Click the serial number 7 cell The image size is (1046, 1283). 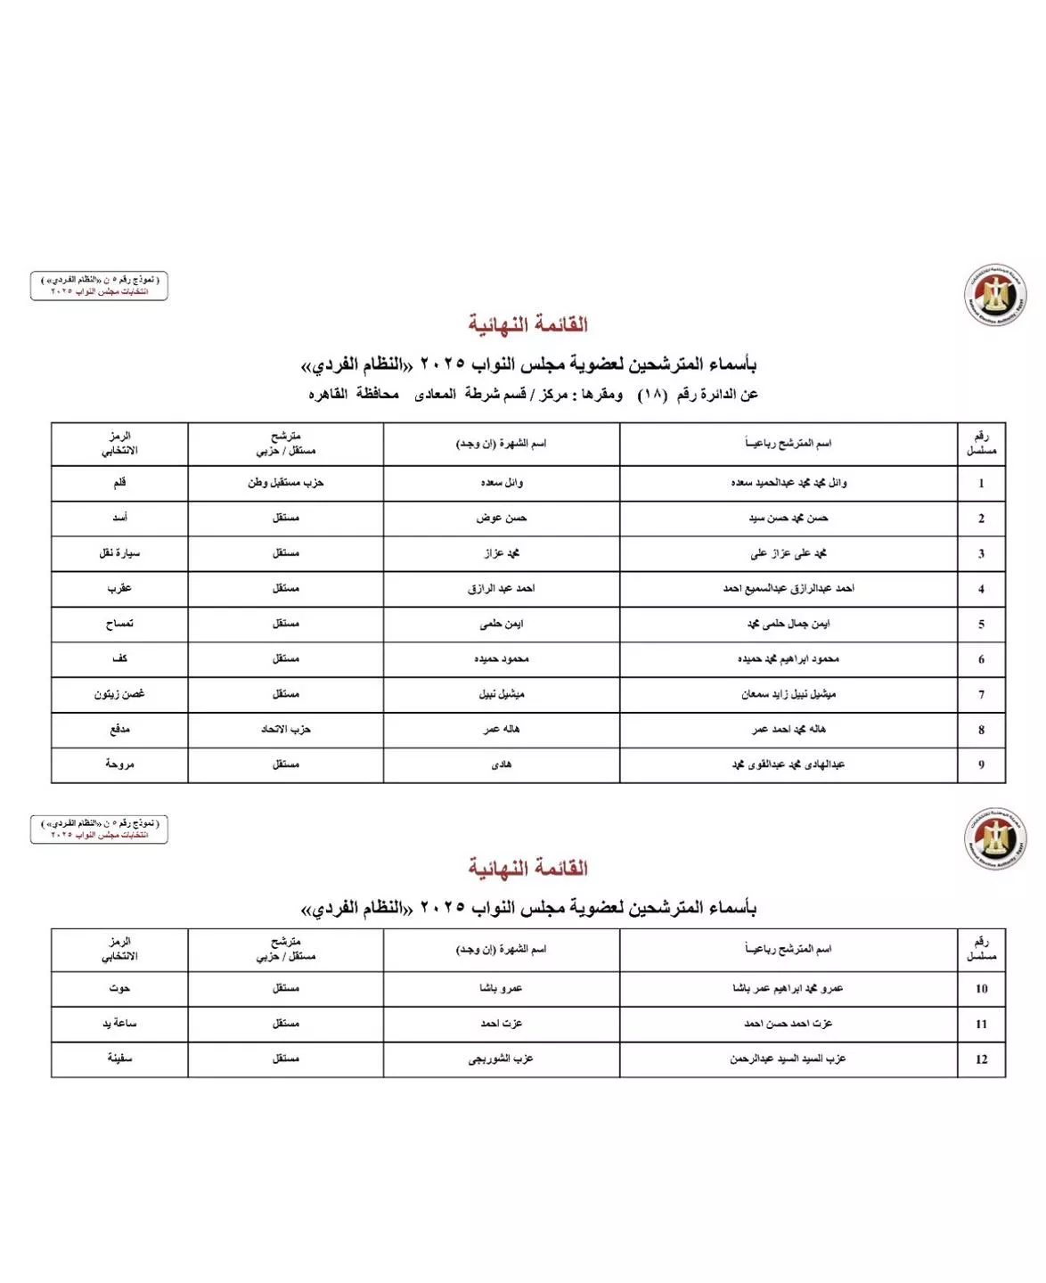pos(981,694)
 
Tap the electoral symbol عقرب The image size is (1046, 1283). pos(119,588)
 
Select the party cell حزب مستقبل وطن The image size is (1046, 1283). pos(285,483)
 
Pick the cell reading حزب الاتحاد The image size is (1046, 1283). pos(285,729)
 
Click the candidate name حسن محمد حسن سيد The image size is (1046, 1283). pos(788,518)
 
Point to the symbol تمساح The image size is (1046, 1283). pos(119,624)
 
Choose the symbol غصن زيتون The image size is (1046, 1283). pos(119,694)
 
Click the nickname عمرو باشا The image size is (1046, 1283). pos(501,988)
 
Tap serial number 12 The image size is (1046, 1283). pos(981,1059)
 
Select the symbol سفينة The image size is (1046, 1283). pos(119,1058)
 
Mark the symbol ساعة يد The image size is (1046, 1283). pos(119,1024)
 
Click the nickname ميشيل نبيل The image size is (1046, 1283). pos(501,694)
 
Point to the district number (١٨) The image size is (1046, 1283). pos(651,395)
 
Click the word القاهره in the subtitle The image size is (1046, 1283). pos(328,394)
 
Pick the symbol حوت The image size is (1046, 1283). pos(119,988)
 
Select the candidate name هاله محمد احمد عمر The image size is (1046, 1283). pos(788,729)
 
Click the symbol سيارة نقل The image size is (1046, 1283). pos(119,553)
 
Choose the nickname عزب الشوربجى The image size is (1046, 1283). pos(501,1058)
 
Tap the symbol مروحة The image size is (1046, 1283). pos(119,764)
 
